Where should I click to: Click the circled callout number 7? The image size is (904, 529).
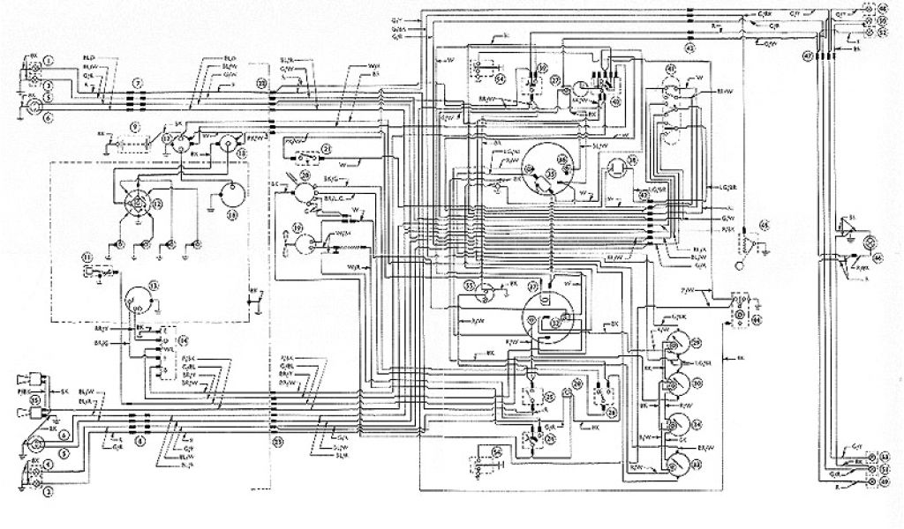pos(137,82)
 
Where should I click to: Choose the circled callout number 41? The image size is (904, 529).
pos(670,70)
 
